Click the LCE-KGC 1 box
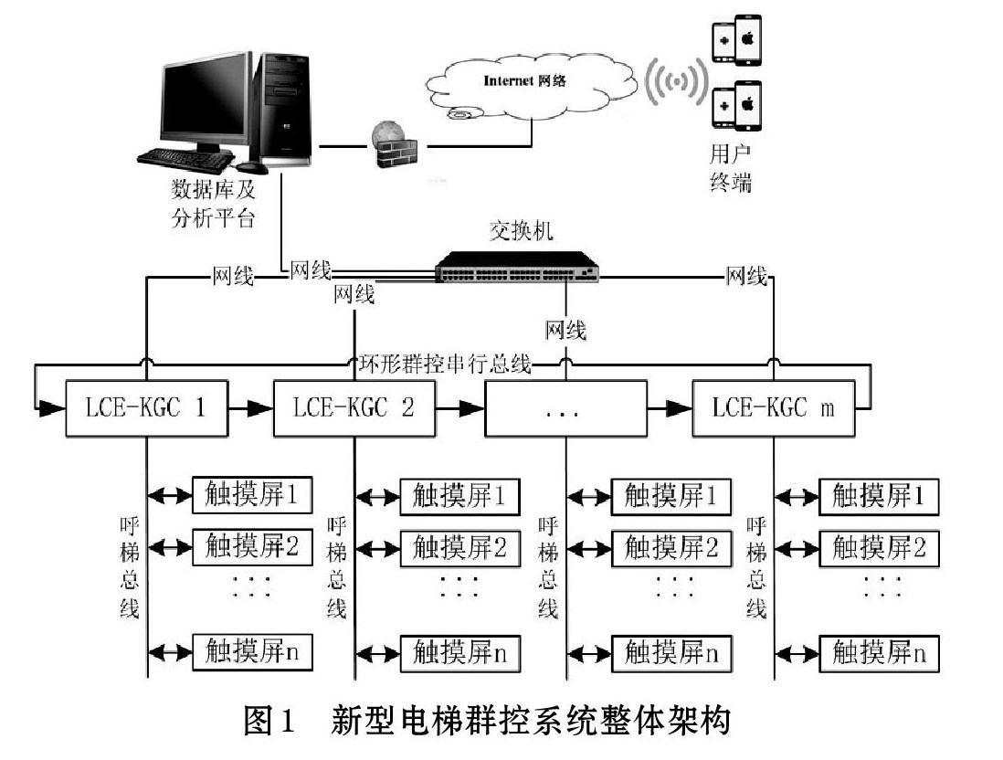(147, 409)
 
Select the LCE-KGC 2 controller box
(354, 409)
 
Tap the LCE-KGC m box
(774, 409)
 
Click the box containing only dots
(565, 409)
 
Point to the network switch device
(517, 267)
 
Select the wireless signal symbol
(676, 82)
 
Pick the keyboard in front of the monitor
(185, 159)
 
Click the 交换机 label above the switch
(521, 231)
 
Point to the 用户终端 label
(730, 168)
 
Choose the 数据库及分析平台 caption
(213, 204)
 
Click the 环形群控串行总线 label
(445, 364)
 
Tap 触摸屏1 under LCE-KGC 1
(252, 495)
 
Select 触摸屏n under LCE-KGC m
(879, 653)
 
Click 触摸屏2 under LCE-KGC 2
(459, 548)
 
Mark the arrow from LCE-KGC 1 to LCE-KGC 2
(250, 408)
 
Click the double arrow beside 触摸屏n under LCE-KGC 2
(378, 654)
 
